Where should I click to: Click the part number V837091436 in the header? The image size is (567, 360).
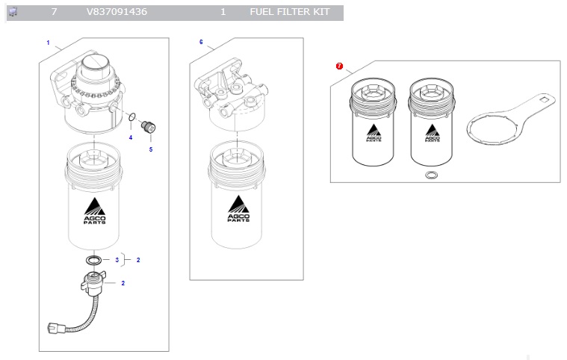click(x=117, y=12)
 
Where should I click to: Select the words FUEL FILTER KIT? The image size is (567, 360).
click(x=290, y=12)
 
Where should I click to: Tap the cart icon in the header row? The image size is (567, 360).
click(x=13, y=12)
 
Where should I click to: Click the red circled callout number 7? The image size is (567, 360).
click(x=339, y=66)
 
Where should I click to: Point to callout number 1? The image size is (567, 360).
click(x=48, y=43)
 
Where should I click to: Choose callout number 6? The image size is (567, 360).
click(x=201, y=43)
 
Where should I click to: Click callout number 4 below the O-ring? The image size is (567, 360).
click(x=131, y=137)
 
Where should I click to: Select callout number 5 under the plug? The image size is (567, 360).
click(x=151, y=149)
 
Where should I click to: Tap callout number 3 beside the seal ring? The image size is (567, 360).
click(x=117, y=260)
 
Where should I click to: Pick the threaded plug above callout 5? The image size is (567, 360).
click(x=148, y=127)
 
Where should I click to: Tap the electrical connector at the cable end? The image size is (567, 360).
click(x=56, y=329)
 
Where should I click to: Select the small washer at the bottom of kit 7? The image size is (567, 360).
click(x=431, y=175)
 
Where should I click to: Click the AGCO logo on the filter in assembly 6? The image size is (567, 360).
click(x=238, y=208)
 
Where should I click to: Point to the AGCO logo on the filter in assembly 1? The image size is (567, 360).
click(x=95, y=211)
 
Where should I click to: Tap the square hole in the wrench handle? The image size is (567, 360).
click(x=544, y=99)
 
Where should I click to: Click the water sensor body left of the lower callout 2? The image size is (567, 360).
click(x=93, y=282)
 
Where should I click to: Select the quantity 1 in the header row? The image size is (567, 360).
click(x=223, y=12)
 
